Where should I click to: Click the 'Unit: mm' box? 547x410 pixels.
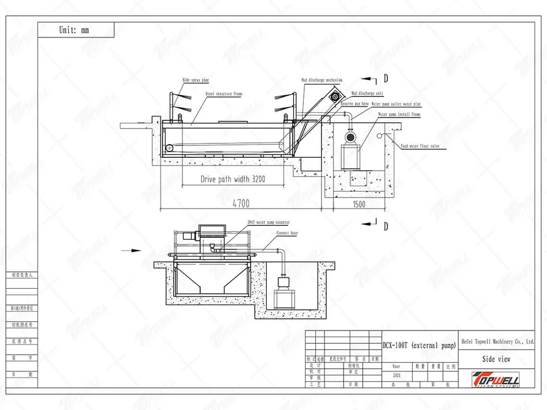(x=75, y=30)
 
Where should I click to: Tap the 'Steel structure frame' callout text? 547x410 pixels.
(x=224, y=94)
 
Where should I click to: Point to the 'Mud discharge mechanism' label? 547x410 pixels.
(x=322, y=80)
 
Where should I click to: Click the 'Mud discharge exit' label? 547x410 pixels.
(x=367, y=93)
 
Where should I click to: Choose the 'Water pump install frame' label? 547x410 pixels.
(x=399, y=114)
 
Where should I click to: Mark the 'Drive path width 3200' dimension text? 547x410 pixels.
(x=233, y=180)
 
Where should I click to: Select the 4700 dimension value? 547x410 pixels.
(x=240, y=204)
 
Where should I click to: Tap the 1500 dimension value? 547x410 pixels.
(x=359, y=204)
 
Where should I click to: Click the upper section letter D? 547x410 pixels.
(x=385, y=79)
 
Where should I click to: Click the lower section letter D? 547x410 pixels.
(x=385, y=226)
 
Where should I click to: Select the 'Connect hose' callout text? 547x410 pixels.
(x=287, y=233)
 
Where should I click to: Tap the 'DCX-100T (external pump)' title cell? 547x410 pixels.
(x=420, y=346)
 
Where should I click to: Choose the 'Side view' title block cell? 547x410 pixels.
(x=496, y=359)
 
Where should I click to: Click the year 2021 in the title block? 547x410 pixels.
(x=396, y=376)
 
